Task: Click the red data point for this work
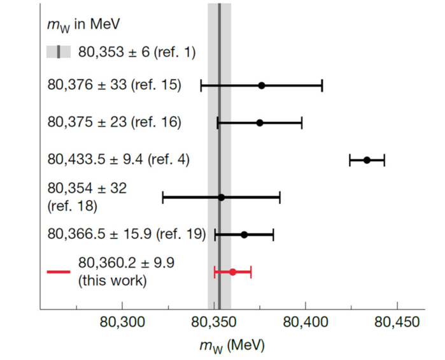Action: (232, 272)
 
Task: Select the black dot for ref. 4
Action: (367, 160)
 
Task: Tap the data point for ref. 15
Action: (261, 85)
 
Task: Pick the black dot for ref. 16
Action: (259, 122)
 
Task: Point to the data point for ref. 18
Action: (221, 198)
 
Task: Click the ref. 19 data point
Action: (244, 234)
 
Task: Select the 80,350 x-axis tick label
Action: (220, 322)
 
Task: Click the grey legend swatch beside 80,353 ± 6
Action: (59, 52)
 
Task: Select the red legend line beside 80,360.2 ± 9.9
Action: (58, 272)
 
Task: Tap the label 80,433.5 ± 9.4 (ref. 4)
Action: (118, 160)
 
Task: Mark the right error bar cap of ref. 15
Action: (322, 85)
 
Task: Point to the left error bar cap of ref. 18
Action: (163, 198)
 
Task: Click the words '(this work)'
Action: (112, 280)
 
